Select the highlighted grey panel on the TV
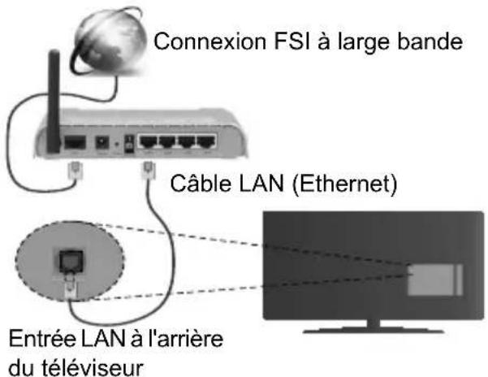coord(430,275)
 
